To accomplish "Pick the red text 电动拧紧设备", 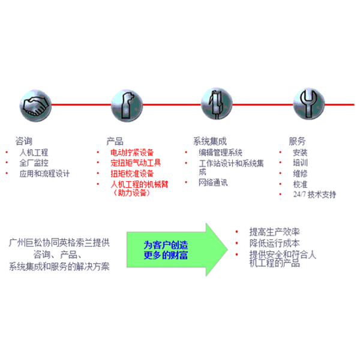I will click(132, 152).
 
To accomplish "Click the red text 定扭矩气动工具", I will click(136, 163).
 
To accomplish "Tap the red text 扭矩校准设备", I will click(132, 173).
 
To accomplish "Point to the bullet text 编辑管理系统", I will click(221, 152).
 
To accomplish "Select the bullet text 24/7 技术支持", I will click(314, 195).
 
